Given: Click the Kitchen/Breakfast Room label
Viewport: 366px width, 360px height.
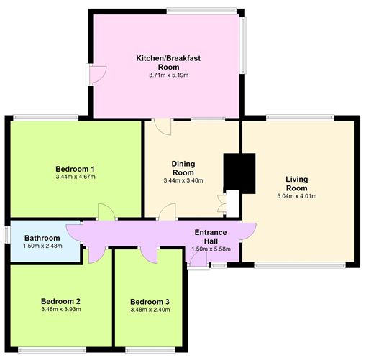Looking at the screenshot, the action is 168,63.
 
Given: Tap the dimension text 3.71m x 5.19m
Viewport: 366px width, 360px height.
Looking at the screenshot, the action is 169,75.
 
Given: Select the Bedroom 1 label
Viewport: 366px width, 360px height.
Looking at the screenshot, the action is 75,169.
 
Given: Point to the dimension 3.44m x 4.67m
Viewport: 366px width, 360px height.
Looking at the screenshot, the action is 76,177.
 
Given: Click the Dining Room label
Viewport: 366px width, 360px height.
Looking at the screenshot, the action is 183,168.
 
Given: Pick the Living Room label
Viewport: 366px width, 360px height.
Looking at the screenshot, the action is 297,183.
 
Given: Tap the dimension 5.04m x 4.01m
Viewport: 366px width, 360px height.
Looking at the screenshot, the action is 297,196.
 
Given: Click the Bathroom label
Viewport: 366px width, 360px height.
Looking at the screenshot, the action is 42,238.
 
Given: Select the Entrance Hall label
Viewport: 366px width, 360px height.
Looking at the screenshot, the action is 211,236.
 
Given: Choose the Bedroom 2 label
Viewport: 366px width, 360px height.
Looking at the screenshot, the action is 60,301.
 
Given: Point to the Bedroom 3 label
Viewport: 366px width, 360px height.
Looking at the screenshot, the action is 150,302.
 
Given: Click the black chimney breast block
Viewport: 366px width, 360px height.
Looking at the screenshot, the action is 239,173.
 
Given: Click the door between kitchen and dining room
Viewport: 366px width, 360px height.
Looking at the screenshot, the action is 163,126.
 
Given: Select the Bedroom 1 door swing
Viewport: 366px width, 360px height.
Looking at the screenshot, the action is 106,212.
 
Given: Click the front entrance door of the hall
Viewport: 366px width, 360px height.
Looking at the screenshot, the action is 198,259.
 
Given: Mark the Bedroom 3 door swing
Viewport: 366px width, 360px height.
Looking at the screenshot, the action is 149,254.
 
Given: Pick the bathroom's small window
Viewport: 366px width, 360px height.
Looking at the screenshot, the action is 7,235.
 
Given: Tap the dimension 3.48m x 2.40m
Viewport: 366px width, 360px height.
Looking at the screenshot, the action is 150,310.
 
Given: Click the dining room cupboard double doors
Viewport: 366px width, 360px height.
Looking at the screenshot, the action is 221,203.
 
